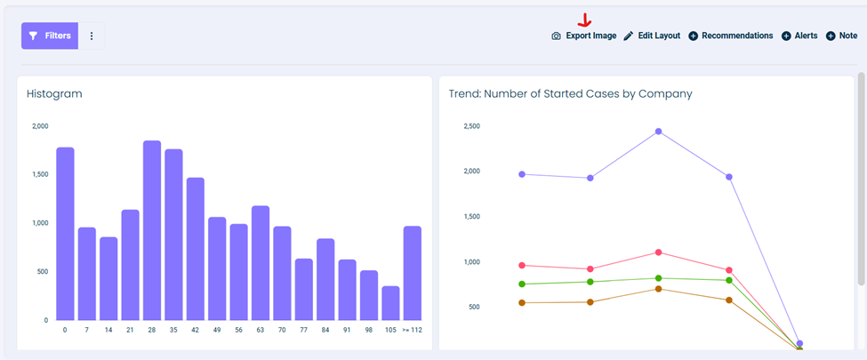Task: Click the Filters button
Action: (x=50, y=36)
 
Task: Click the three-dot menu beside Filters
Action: (x=92, y=36)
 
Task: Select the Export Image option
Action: (x=584, y=36)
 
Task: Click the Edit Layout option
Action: (x=652, y=36)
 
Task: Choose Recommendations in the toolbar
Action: (x=730, y=36)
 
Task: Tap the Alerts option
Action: (x=799, y=36)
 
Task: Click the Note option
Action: (x=841, y=36)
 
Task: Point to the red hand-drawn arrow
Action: (x=585, y=20)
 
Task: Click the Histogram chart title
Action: (x=54, y=94)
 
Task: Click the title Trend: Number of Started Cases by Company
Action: (x=570, y=94)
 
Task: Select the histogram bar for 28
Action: (x=152, y=230)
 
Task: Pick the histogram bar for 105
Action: (x=390, y=303)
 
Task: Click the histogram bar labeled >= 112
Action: (x=413, y=273)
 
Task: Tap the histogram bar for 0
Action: (x=65, y=234)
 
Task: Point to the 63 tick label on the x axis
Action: (x=260, y=331)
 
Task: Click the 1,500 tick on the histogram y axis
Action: (x=40, y=175)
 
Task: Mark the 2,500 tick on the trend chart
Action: (x=471, y=126)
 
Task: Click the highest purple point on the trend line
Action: (x=658, y=132)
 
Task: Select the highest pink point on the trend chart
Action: (x=658, y=252)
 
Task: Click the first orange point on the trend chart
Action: (x=521, y=303)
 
